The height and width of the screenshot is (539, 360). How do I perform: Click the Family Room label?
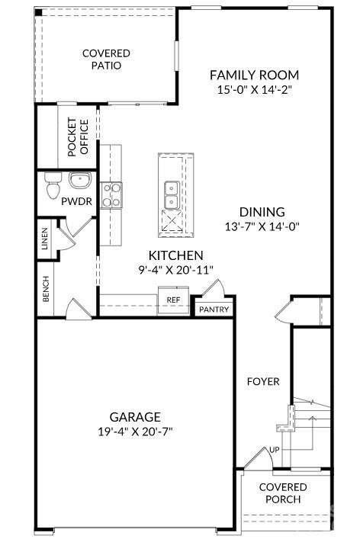tap(254, 75)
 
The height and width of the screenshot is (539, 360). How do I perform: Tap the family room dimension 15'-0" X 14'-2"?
tap(255, 90)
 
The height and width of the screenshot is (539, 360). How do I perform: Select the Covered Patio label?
tap(106, 59)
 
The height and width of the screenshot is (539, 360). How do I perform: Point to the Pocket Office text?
tap(78, 137)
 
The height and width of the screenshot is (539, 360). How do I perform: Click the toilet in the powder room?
tap(53, 186)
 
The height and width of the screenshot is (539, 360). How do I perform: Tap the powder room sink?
tap(80, 180)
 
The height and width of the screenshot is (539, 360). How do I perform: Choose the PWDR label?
tap(77, 201)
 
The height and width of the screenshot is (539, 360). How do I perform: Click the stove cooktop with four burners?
tap(111, 195)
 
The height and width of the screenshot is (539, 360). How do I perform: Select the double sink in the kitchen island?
tap(171, 195)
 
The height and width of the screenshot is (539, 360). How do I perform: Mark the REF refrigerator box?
tap(173, 300)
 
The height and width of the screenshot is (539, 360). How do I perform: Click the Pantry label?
tap(214, 310)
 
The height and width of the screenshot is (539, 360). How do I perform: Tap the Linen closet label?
tap(45, 239)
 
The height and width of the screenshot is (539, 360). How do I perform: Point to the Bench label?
tap(46, 289)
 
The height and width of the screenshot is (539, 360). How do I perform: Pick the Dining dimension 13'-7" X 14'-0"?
tap(262, 227)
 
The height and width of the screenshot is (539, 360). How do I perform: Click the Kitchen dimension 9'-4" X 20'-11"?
tap(175, 270)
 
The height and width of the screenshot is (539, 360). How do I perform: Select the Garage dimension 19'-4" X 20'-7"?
tap(135, 432)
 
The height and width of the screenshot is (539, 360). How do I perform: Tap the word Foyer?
tap(263, 381)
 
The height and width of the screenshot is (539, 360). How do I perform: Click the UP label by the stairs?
tap(275, 450)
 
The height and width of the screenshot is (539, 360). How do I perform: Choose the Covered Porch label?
tap(283, 493)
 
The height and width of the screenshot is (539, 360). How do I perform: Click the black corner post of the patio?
tap(38, 12)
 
